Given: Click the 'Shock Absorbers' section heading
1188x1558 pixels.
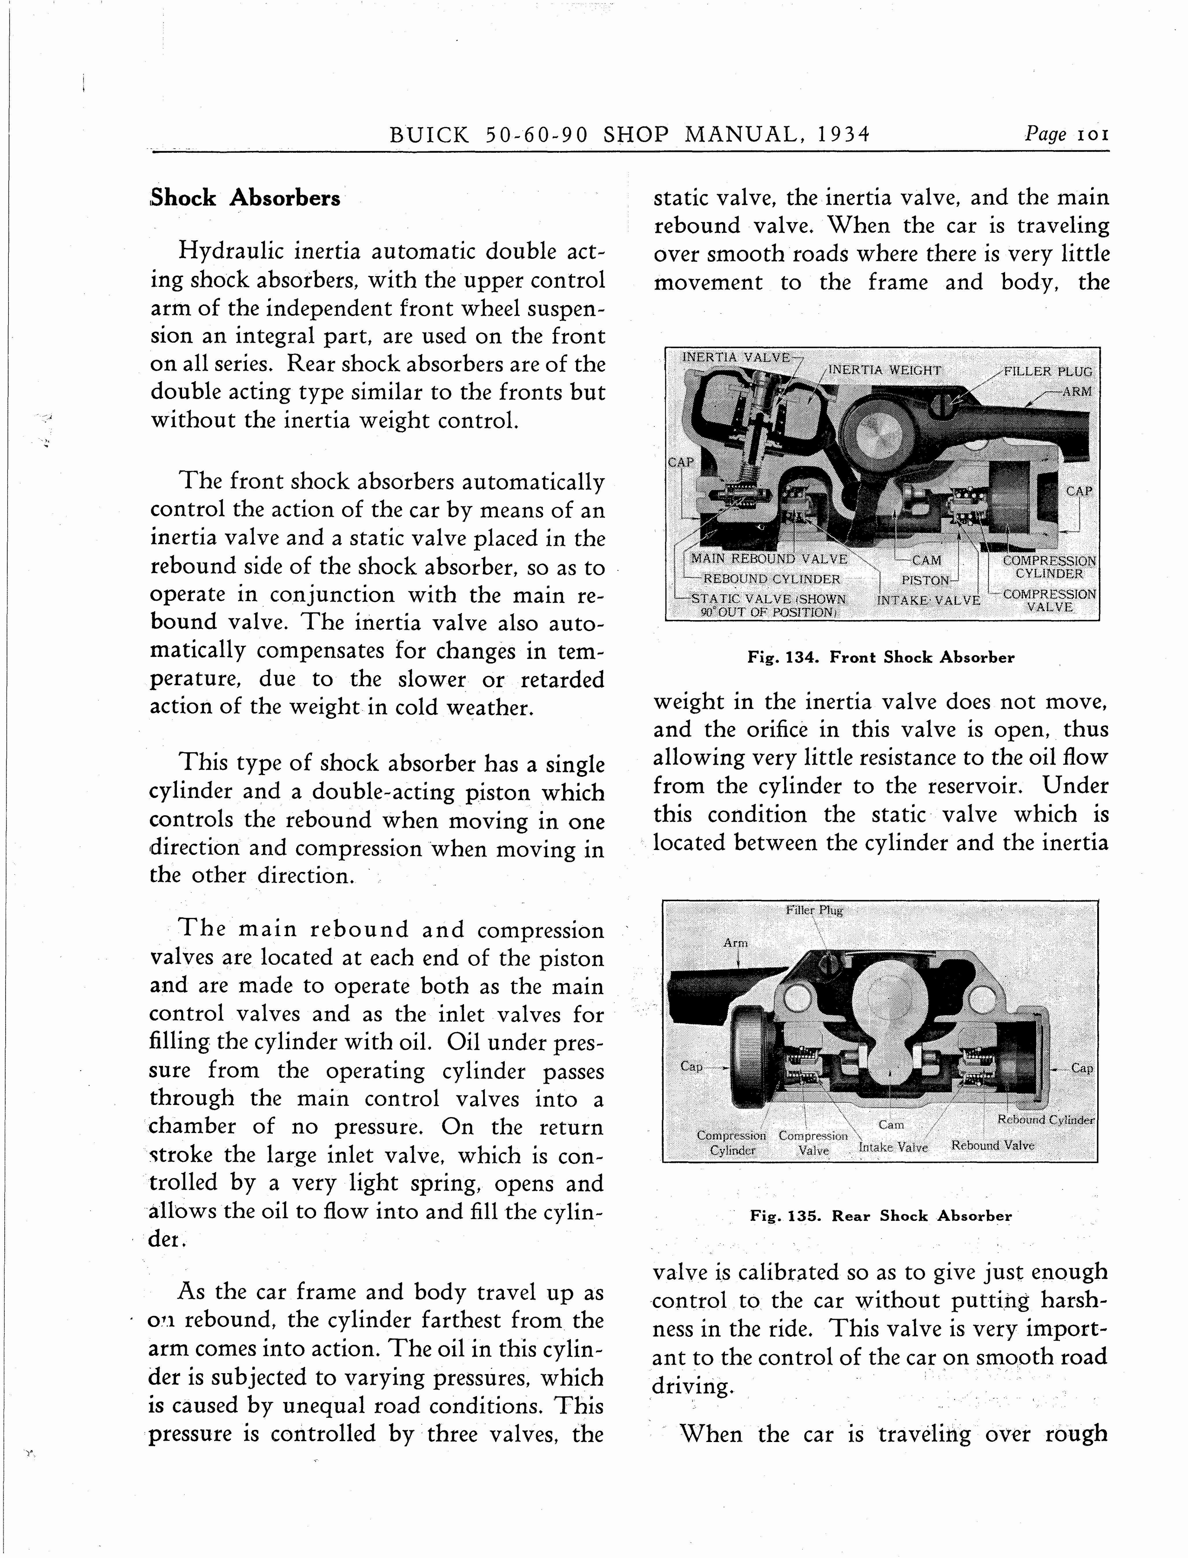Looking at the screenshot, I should tap(245, 198).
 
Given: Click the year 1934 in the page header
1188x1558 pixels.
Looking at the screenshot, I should tap(843, 135).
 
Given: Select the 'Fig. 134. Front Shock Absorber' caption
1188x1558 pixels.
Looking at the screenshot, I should tap(881, 657).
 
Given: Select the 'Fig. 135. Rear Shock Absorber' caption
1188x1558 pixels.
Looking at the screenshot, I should tap(881, 1216).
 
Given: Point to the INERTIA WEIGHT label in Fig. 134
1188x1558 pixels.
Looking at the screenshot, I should tap(884, 370).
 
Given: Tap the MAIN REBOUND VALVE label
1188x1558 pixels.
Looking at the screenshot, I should tap(769, 559).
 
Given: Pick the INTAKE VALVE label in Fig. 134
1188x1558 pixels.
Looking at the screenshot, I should tap(928, 600).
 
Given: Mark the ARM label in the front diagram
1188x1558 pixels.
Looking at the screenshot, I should tap(1076, 391).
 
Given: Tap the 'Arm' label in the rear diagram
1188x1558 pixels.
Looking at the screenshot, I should tap(736, 943).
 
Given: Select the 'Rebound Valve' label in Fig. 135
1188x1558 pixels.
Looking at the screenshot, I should tap(992, 1145).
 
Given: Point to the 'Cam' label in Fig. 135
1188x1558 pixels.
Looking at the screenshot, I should tap(891, 1124).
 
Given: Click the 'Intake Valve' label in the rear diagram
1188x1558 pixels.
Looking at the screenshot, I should tap(893, 1147).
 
